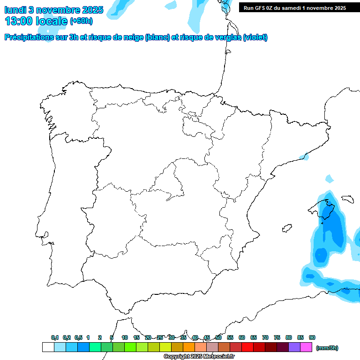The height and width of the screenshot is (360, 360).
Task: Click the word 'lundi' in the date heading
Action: click(x=15, y=9)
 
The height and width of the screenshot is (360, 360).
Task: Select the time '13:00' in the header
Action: click(x=19, y=21)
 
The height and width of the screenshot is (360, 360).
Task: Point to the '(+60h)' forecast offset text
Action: click(x=81, y=21)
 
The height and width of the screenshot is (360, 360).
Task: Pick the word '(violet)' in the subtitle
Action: click(x=255, y=37)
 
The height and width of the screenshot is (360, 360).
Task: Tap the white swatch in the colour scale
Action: click(x=48, y=347)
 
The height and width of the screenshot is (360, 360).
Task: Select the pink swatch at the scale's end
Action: click(x=306, y=347)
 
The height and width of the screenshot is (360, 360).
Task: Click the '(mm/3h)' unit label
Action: click(x=327, y=348)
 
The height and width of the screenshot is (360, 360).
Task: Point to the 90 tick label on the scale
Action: click(x=312, y=337)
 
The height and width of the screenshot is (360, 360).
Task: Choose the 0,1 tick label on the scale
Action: click(x=55, y=337)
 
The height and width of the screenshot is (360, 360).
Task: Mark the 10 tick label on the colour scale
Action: click(x=125, y=337)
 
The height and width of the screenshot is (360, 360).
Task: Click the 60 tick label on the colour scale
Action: click(x=242, y=337)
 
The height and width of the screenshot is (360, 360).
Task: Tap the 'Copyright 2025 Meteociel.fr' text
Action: click(x=199, y=357)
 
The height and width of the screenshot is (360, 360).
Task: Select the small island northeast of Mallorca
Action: click(x=347, y=199)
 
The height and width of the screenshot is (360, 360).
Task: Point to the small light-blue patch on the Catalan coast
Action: click(x=305, y=157)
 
